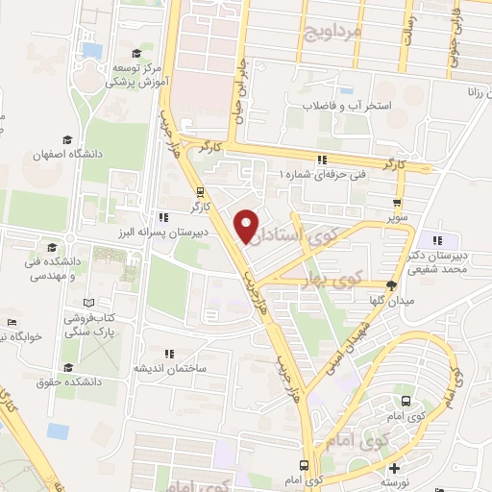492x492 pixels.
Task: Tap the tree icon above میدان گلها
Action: click(x=391, y=284)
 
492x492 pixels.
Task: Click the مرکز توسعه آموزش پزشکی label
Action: click(x=137, y=75)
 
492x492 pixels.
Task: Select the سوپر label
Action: click(x=397, y=218)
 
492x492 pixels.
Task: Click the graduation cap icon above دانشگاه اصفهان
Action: click(x=66, y=139)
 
